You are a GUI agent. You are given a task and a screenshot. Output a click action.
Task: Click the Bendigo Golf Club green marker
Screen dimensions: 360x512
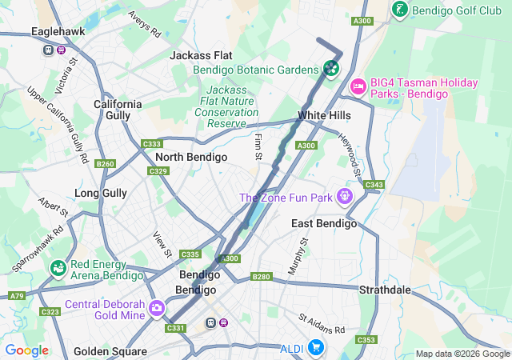tap(398, 9)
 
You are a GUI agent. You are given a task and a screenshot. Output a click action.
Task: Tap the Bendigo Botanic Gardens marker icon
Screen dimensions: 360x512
tap(330, 70)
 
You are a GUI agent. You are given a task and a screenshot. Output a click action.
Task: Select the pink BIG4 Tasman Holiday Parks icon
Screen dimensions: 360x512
tap(358, 84)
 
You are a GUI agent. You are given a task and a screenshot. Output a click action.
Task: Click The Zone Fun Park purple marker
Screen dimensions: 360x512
tap(345, 194)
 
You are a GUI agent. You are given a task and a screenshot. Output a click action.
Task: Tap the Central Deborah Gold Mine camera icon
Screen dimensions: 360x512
tap(156, 307)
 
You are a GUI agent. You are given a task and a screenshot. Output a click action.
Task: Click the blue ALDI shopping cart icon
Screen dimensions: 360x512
tap(316, 347)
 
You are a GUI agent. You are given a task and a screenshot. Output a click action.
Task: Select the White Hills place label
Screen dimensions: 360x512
tap(324, 116)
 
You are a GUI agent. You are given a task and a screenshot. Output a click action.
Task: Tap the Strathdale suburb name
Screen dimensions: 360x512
tap(384, 289)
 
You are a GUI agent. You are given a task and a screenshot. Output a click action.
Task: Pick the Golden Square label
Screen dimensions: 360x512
tap(110, 351)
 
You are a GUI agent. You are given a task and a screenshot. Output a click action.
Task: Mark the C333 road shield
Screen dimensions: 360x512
tap(151, 144)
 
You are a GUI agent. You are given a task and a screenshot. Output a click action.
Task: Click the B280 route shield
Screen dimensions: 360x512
tap(261, 277)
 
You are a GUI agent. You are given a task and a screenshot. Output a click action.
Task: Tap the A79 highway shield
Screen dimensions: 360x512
tap(17, 296)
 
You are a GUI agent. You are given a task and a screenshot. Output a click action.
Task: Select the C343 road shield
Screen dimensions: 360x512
tap(374, 186)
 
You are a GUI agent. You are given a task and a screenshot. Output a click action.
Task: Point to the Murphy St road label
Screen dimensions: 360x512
tap(298, 256)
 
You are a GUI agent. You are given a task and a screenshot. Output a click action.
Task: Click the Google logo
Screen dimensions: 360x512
tap(26, 350)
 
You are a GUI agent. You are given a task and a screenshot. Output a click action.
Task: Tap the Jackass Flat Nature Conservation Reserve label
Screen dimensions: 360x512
tap(226, 107)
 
